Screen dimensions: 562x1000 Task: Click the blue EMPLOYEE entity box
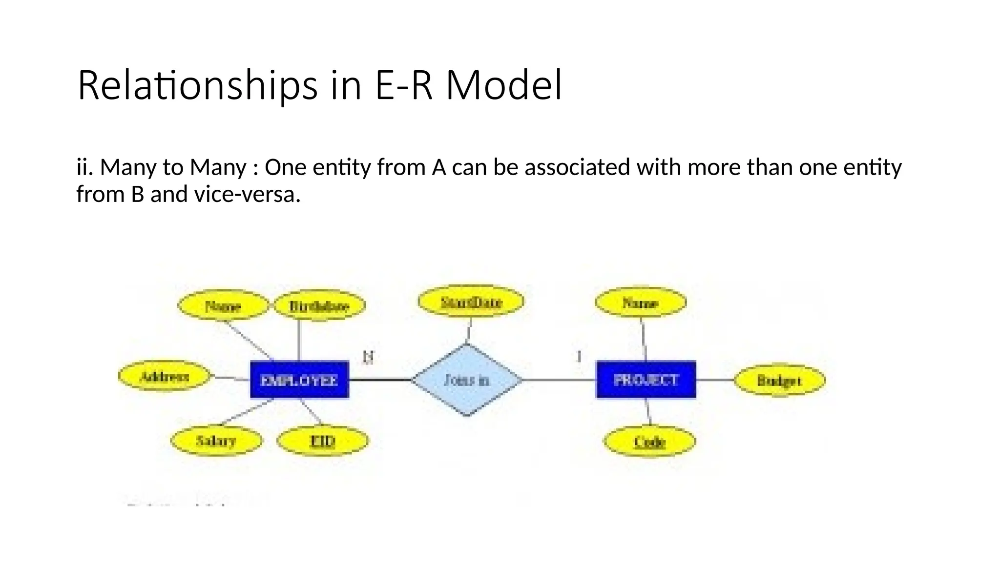299,380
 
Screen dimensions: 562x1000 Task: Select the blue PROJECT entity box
646,380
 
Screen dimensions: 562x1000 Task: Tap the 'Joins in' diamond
467,380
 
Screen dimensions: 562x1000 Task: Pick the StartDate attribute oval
471,301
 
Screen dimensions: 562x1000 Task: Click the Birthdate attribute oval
319,306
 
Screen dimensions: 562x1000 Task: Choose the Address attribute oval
165,376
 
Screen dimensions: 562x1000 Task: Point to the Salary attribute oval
216,441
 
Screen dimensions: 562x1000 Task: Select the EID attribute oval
322,441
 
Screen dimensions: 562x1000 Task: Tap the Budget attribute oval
779,380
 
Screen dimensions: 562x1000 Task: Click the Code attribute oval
649,442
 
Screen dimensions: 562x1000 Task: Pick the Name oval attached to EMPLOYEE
223,306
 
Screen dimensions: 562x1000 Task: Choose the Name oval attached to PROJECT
640,302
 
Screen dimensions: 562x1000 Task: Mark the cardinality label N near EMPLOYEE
369,357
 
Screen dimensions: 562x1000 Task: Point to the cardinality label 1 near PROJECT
579,357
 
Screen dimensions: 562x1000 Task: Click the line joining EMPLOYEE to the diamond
380,380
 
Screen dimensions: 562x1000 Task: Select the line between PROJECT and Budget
715,380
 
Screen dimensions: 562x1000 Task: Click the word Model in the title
503,85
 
